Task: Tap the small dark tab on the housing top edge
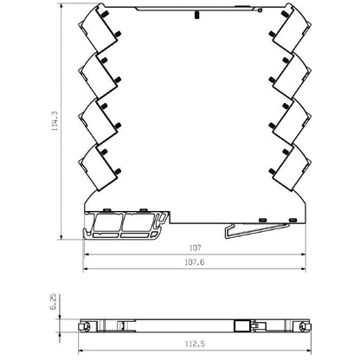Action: coord(198,14)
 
